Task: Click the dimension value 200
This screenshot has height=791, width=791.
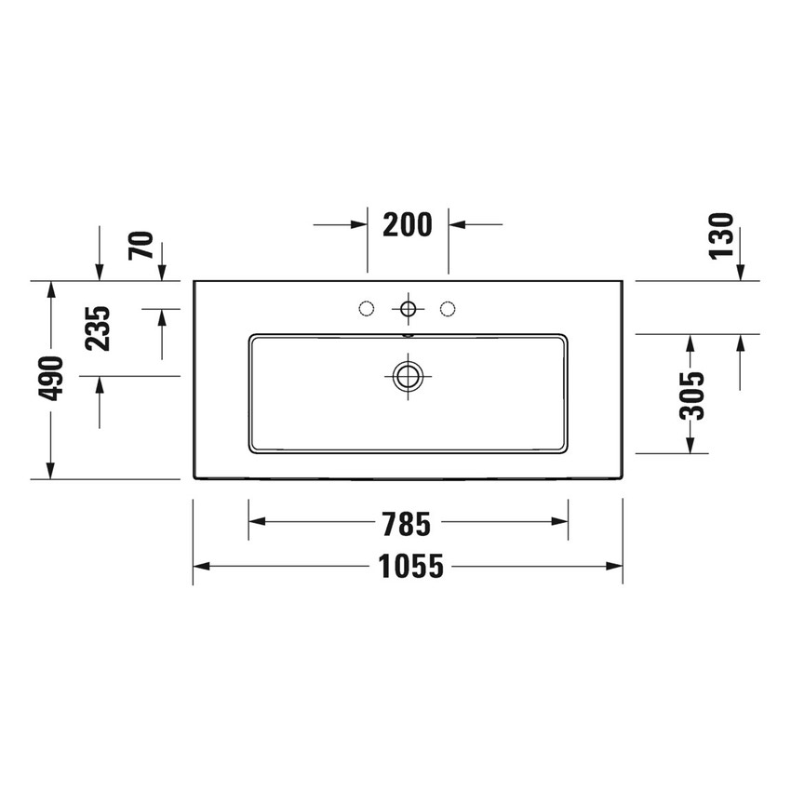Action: click(x=408, y=225)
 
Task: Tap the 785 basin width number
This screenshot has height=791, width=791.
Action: click(x=408, y=524)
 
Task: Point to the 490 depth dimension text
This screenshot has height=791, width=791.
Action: click(x=51, y=378)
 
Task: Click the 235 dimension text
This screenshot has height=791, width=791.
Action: click(x=100, y=327)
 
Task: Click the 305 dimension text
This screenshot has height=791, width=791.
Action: click(x=690, y=396)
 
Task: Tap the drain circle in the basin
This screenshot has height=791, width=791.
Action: click(x=407, y=376)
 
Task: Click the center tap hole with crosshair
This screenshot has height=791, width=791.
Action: click(x=407, y=307)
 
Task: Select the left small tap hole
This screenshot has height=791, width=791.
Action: click(x=366, y=307)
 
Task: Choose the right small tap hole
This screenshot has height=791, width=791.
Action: click(x=448, y=307)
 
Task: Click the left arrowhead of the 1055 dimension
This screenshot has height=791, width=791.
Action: click(x=201, y=566)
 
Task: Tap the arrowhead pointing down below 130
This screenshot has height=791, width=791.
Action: click(x=741, y=271)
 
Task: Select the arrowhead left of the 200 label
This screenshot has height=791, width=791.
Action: click(x=359, y=224)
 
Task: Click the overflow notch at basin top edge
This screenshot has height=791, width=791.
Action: click(x=407, y=332)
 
